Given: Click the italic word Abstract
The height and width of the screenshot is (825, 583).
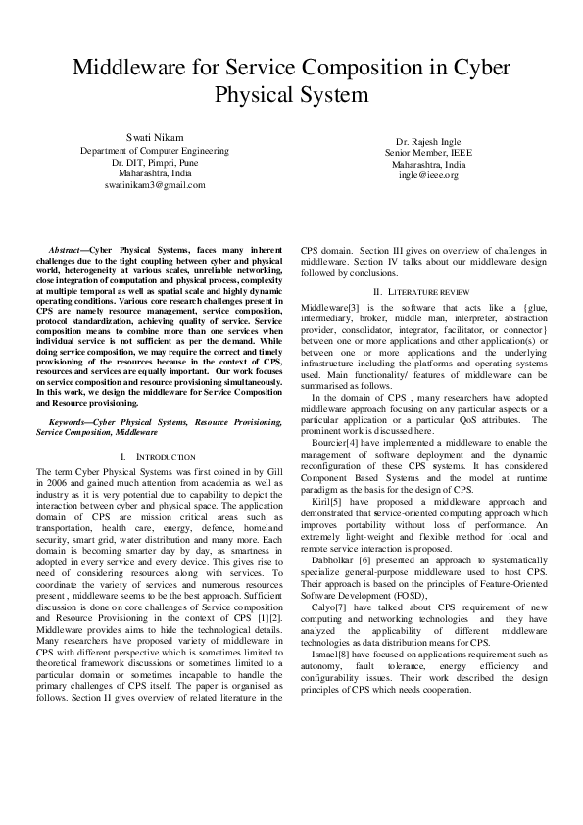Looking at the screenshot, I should (x=70, y=253).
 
